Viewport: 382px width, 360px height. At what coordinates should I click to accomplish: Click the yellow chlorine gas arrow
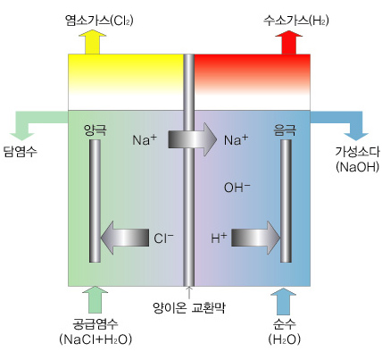coord(92,42)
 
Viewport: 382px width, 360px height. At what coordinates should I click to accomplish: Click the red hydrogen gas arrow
coord(289,42)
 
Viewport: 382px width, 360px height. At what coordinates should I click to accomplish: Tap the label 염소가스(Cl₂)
coord(99,21)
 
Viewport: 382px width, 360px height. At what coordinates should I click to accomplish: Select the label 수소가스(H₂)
coord(296,21)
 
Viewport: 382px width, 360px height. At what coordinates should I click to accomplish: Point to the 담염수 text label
coord(21,151)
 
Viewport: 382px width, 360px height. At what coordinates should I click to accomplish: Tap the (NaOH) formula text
coord(358,167)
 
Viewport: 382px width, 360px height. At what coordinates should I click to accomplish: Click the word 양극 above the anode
coord(95,130)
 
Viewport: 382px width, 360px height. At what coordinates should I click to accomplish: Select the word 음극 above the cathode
coord(285,130)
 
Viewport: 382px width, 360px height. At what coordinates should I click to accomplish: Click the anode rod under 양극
coord(95,201)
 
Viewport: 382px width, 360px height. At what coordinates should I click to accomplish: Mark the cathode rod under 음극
coord(286,201)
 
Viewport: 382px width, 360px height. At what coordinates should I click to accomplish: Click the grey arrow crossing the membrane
coord(193,139)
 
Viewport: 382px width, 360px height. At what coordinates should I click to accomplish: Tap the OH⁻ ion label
coord(237,188)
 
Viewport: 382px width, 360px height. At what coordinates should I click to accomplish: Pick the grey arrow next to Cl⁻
coord(125,238)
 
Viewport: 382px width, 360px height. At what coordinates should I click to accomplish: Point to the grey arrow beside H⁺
coord(256,238)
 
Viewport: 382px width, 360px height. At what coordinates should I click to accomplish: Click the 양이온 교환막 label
coord(189,307)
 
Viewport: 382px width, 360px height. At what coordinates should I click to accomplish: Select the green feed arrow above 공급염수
coord(95,299)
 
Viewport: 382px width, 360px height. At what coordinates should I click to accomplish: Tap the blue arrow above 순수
coord(284,301)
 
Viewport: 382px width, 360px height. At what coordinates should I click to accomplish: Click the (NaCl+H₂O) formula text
coord(95,339)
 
